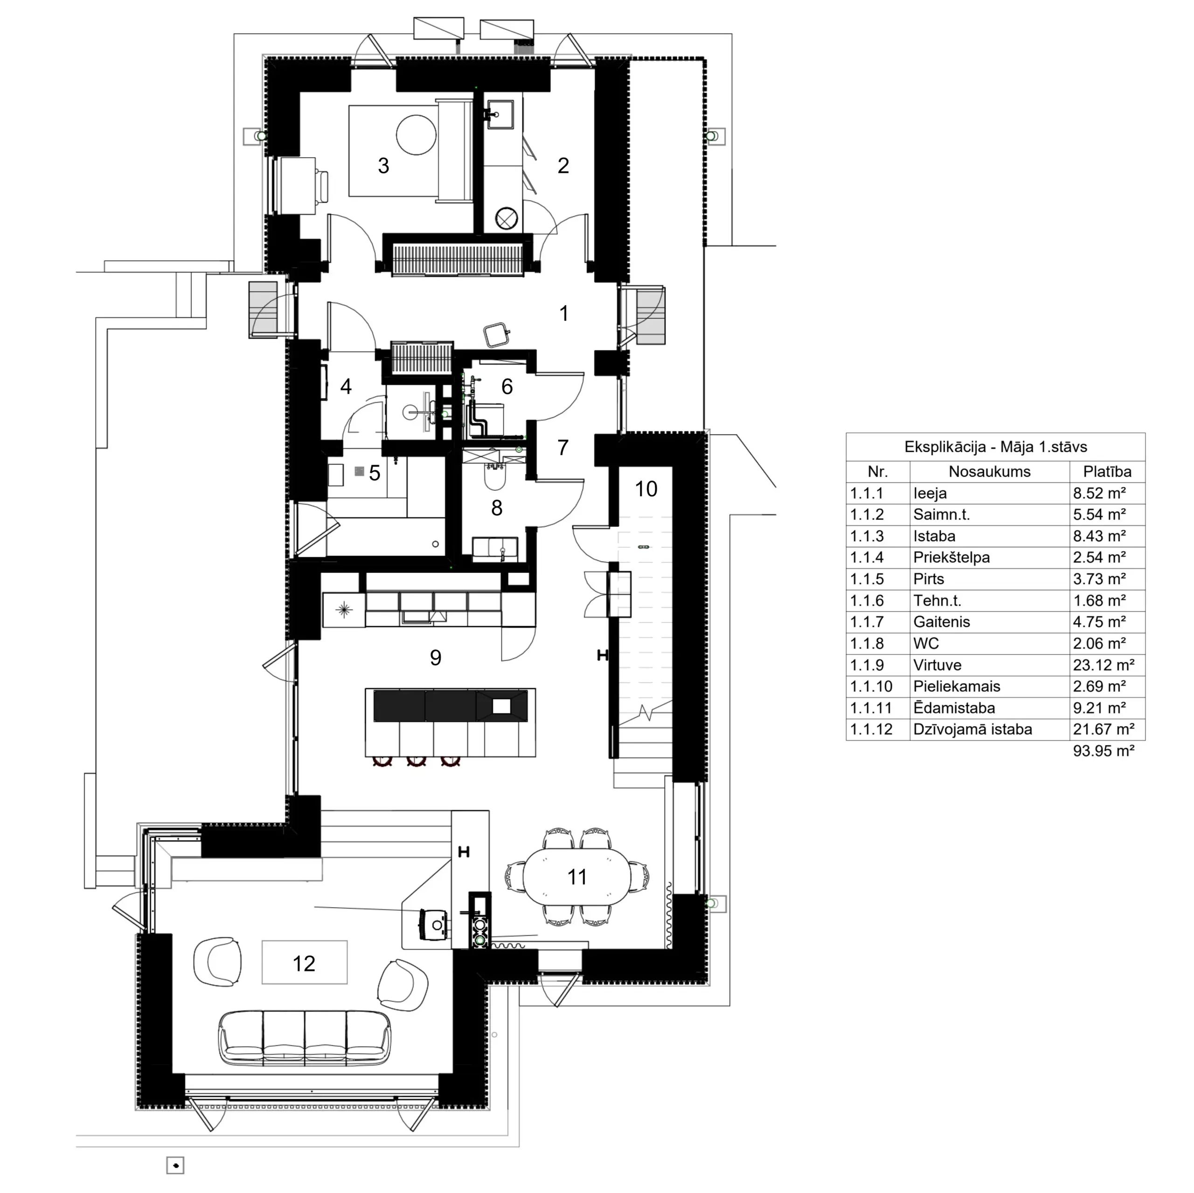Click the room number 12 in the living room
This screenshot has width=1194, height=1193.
(304, 963)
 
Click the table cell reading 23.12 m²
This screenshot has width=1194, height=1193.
(1104, 665)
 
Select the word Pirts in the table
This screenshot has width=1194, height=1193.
(929, 579)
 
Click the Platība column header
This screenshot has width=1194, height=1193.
(1107, 472)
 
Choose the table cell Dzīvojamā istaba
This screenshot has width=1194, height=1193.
(973, 729)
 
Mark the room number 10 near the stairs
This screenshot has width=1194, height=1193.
(646, 489)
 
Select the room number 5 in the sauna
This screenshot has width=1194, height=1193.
(375, 474)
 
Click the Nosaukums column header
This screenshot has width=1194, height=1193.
(989, 472)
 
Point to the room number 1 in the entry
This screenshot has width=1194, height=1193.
(563, 314)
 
